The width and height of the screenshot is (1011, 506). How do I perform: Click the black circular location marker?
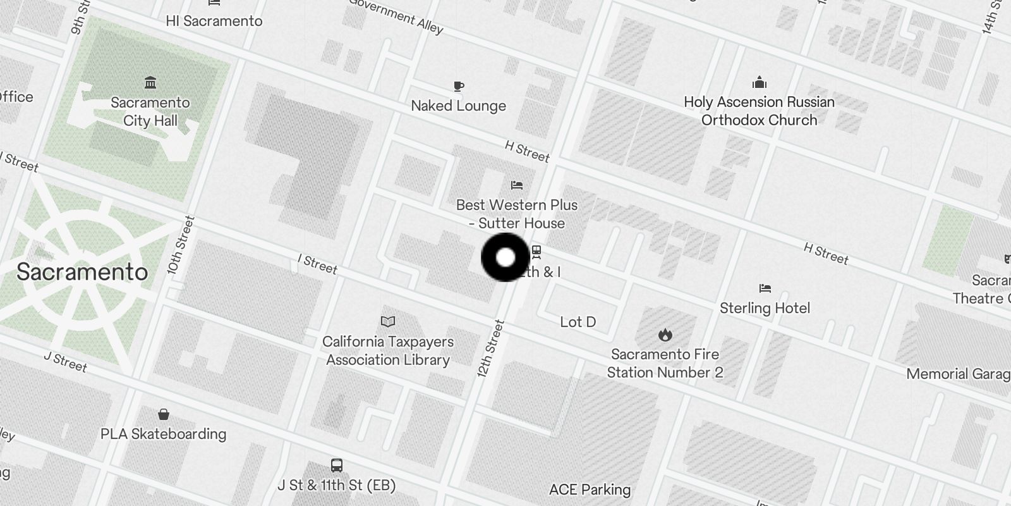(x=505, y=257)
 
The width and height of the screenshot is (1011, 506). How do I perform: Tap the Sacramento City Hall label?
(x=150, y=111)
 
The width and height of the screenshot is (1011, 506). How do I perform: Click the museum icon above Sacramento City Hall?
(x=150, y=83)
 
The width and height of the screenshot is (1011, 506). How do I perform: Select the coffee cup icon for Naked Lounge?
(x=459, y=86)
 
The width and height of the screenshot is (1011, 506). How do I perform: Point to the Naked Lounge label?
(x=458, y=106)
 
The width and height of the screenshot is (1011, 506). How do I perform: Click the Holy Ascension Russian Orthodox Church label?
(x=759, y=111)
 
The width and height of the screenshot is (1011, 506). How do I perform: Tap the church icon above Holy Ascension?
(x=760, y=83)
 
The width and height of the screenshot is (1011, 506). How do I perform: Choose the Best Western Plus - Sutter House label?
(x=517, y=214)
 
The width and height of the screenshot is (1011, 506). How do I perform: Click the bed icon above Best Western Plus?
(x=517, y=185)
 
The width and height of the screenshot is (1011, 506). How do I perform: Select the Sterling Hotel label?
(x=765, y=308)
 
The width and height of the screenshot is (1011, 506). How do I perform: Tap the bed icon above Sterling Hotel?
(x=765, y=288)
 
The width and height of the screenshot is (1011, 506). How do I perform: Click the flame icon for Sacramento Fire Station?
(x=665, y=335)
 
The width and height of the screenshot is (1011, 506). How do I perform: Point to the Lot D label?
(x=578, y=322)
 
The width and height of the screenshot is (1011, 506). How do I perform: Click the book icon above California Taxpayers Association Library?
(x=388, y=322)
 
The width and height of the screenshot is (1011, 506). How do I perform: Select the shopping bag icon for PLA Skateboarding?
(x=164, y=414)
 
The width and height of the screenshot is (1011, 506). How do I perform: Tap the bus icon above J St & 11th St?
(x=337, y=466)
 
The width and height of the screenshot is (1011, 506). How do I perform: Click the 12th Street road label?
(x=491, y=349)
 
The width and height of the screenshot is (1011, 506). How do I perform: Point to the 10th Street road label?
(x=181, y=245)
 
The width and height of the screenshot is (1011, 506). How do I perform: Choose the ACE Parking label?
(x=590, y=490)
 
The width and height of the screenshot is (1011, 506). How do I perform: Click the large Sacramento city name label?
(x=82, y=272)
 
